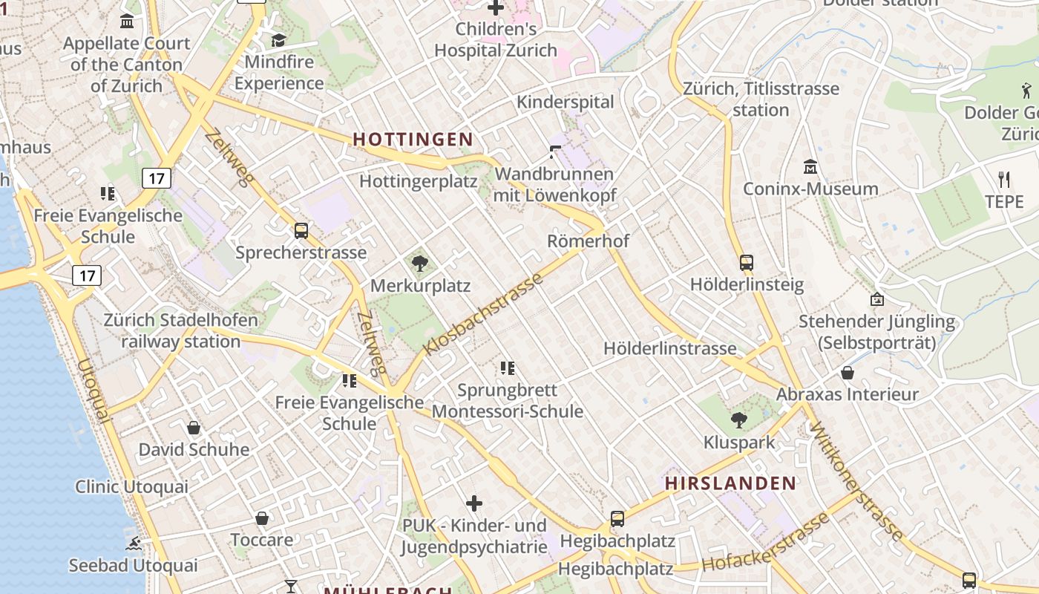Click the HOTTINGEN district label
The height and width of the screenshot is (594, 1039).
tap(413, 139)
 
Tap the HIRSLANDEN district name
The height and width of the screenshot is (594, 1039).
tap(730, 483)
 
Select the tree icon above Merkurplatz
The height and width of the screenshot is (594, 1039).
tap(420, 263)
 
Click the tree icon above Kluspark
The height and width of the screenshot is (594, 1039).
tap(738, 420)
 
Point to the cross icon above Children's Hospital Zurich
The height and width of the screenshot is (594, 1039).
tap(495, 9)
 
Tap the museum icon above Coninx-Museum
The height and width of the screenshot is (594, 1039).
tap(810, 167)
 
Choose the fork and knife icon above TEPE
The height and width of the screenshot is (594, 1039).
tap(1004, 180)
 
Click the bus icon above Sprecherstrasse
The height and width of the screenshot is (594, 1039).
tap(301, 231)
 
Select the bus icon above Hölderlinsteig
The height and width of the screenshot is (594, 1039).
tap(747, 263)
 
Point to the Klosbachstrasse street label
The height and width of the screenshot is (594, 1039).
tap(483, 314)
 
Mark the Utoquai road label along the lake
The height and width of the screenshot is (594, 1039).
tap(94, 391)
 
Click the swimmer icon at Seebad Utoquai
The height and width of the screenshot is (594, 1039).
tap(134, 544)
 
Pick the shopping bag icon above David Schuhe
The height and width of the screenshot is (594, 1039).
tap(194, 428)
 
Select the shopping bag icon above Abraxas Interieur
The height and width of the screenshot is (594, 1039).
tap(847, 373)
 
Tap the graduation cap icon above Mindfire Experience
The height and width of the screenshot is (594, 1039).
tap(278, 40)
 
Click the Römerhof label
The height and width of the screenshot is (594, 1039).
tap(588, 241)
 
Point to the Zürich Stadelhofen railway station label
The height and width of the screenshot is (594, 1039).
tap(181, 331)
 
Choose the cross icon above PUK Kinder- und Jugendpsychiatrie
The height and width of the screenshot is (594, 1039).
tap(473, 504)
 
